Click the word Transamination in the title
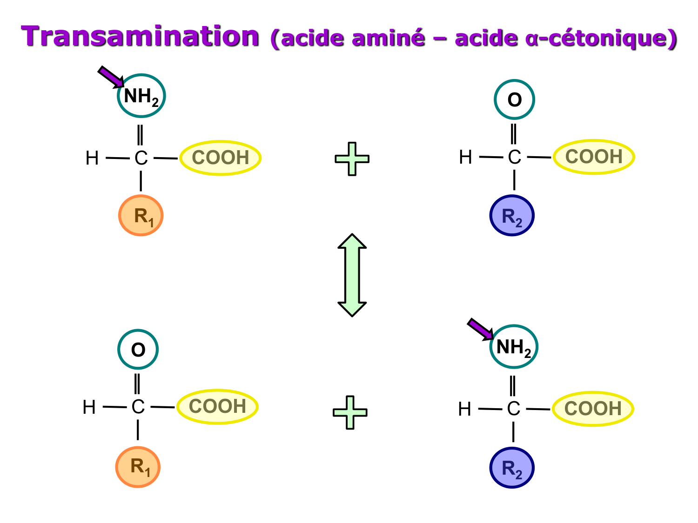(140, 36)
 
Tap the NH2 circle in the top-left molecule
(141, 96)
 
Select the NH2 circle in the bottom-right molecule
(514, 347)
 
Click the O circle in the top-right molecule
(514, 99)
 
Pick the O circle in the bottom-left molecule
(138, 350)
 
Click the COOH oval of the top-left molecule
(220, 158)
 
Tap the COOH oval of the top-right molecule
(594, 157)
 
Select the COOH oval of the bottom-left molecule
(217, 406)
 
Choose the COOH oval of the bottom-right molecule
(593, 409)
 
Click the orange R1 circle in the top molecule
(141, 216)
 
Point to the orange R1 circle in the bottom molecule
(138, 467)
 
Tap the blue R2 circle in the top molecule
(512, 216)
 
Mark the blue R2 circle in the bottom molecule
(512, 468)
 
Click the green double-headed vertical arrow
(352, 275)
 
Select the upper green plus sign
(352, 159)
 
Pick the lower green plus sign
(350, 412)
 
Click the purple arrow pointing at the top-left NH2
(110, 76)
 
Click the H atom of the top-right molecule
(465, 157)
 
